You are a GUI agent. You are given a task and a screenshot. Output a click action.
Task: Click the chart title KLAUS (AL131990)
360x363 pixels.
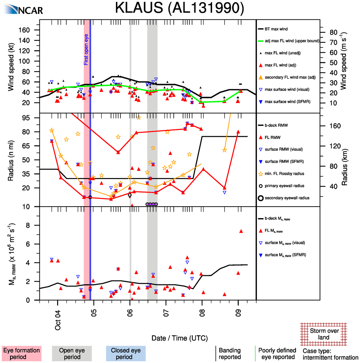click(179, 9)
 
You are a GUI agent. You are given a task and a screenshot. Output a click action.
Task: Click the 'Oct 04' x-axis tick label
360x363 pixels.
click(58, 323)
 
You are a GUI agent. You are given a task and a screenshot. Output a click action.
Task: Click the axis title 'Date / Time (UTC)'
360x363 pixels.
click(180, 338)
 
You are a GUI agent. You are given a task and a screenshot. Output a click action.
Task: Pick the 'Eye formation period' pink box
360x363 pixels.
click(22, 354)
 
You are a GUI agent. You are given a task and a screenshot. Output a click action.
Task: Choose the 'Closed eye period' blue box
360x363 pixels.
click(126, 354)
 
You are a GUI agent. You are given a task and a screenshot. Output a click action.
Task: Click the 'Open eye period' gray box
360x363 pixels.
click(72, 354)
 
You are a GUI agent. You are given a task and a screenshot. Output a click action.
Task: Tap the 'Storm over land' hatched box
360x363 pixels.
click(324, 334)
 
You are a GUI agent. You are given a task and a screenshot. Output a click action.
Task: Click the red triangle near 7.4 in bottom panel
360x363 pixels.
click(241, 231)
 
